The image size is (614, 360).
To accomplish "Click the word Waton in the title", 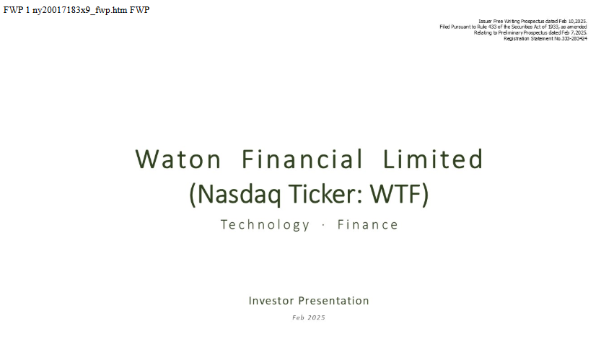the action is (x=178, y=159).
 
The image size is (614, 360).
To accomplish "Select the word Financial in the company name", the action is (x=302, y=159).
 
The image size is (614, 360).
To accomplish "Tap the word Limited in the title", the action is (x=433, y=159).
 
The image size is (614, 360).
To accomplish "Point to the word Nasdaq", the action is (x=239, y=194).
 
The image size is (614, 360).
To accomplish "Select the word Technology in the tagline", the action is (x=265, y=225).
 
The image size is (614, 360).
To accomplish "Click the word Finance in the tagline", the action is (x=368, y=224).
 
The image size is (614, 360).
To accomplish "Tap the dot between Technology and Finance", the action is (x=323, y=225).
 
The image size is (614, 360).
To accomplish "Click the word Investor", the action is (x=271, y=300).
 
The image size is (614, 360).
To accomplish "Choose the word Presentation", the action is (x=333, y=300).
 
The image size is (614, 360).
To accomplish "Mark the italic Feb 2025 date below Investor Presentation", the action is (x=309, y=317).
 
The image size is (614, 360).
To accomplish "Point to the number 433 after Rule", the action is (x=492, y=27).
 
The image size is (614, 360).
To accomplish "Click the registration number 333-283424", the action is (x=574, y=38).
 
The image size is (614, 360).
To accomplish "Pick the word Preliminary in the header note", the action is (x=510, y=33).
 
